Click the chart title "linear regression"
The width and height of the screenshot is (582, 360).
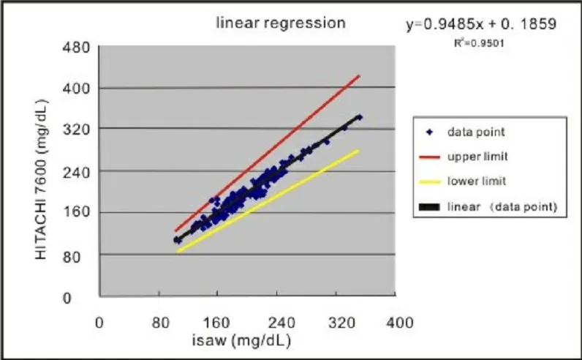pyautogui.click(x=280, y=23)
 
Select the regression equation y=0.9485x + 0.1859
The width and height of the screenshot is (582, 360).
pyautogui.click(x=482, y=24)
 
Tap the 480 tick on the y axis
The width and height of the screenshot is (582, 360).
pyautogui.click(x=78, y=48)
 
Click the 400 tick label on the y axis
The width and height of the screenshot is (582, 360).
pyautogui.click(x=78, y=88)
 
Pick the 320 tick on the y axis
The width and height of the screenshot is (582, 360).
pyautogui.click(x=78, y=130)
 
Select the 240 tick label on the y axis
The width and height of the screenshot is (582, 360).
pyautogui.click(x=78, y=171)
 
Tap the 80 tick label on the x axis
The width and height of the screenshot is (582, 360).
pyautogui.click(x=159, y=323)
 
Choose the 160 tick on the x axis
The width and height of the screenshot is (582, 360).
pyautogui.click(x=219, y=323)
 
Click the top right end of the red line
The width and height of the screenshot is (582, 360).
pyautogui.click(x=360, y=75)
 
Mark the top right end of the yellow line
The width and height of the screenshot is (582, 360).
pyautogui.click(x=360, y=150)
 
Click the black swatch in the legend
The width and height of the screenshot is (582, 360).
pyautogui.click(x=428, y=207)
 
